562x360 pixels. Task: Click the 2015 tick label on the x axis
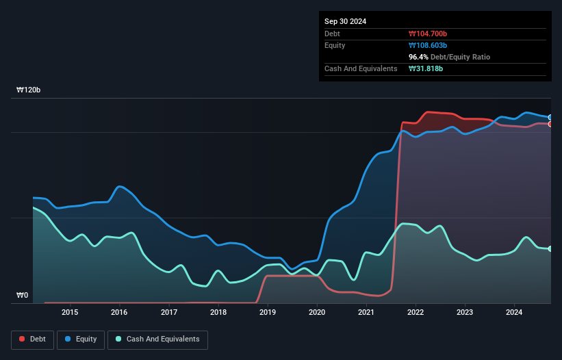[70, 313]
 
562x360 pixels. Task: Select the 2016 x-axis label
[119, 313]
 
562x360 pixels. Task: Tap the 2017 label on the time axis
[169, 313]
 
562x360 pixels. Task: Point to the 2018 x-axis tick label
[218, 313]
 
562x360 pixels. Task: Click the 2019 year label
[268, 313]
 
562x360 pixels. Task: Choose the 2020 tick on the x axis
[317, 313]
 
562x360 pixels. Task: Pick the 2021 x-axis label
[366, 313]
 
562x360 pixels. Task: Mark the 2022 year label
[416, 313]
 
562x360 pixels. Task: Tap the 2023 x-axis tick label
[465, 313]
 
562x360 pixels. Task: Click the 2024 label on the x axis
[514, 313]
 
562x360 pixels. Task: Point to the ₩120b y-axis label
[29, 90]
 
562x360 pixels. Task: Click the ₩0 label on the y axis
[23, 296]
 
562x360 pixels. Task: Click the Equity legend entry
[81, 339]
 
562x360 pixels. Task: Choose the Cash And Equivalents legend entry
[157, 339]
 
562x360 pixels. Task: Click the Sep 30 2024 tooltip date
[345, 21]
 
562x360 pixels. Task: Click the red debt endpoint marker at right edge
[550, 124]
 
